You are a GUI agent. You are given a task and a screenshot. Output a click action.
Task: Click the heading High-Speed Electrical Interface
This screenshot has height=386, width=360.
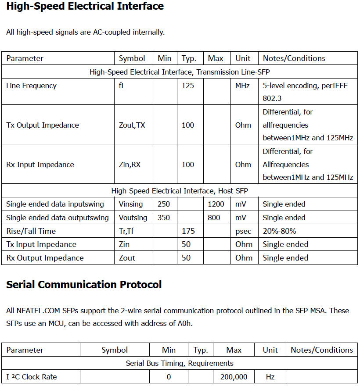tap(85, 7)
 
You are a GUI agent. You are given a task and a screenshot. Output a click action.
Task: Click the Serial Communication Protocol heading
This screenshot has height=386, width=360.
tap(84, 285)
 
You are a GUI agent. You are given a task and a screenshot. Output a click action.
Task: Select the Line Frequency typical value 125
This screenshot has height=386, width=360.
tap(188, 86)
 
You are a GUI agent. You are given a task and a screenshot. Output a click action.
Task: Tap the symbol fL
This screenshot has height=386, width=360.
tap(122, 86)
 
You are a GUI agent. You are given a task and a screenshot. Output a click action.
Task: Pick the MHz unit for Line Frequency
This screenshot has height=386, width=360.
tap(243, 86)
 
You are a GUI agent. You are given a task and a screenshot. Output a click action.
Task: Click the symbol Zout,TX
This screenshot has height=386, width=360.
tap(132, 125)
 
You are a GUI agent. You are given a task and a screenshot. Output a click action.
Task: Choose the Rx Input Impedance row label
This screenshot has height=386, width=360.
tap(40, 164)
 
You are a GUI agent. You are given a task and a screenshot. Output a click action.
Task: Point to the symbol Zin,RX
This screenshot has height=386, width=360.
tap(130, 164)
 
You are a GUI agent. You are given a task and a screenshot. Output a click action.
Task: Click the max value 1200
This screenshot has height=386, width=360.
tap(216, 204)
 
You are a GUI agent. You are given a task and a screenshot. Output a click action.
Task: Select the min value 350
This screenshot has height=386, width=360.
tap(164, 218)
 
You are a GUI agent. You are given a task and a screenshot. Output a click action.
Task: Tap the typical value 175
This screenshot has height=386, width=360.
tap(188, 231)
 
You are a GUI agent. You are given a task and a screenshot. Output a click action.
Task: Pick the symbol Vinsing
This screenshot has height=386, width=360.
tap(131, 204)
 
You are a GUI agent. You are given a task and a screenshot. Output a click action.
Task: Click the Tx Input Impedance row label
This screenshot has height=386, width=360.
tap(41, 244)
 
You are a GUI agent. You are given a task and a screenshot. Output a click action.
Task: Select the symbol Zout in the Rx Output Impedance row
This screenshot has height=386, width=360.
tap(127, 258)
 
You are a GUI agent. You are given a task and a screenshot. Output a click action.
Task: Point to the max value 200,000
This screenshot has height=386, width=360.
tap(234, 377)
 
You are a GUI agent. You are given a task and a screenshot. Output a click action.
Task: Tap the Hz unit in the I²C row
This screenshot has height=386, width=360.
tap(270, 377)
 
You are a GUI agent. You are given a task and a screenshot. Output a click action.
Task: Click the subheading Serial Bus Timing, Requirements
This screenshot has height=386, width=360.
tap(180, 363)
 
